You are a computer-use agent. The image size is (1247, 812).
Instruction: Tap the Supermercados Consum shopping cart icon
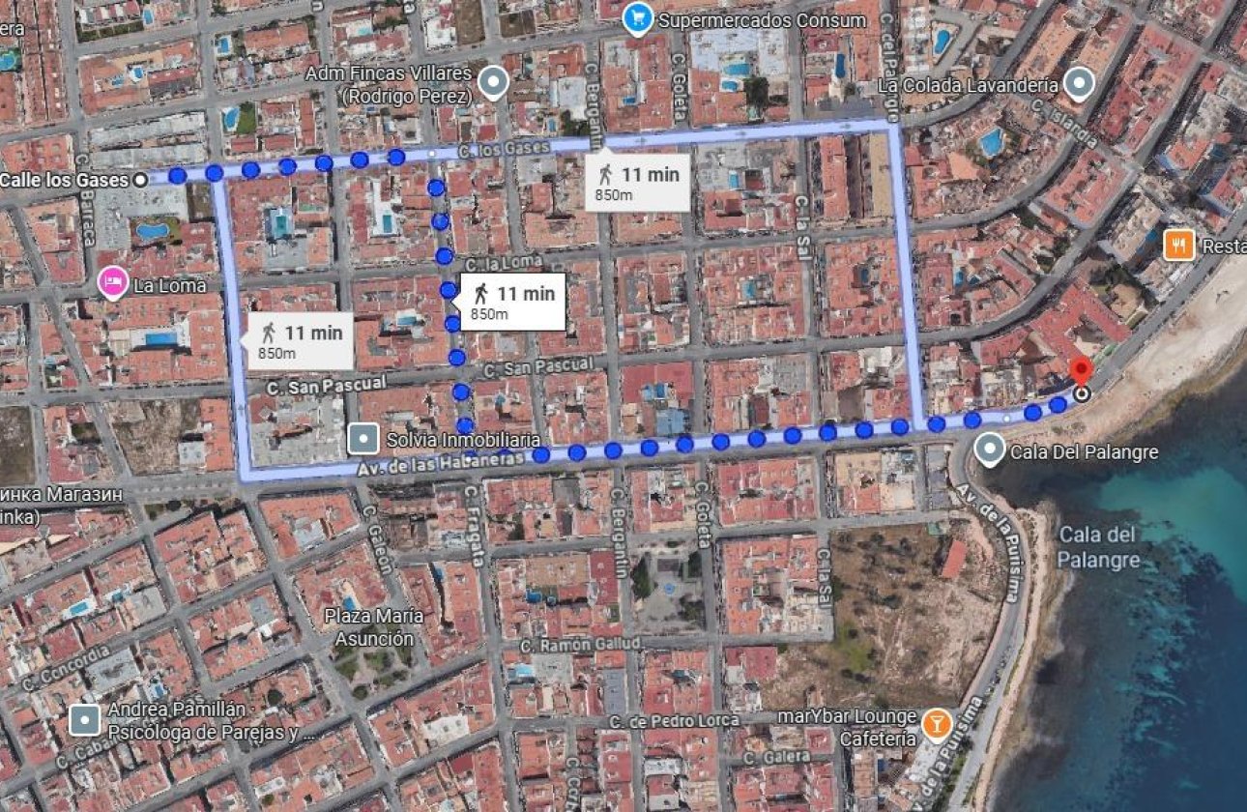point(637,18)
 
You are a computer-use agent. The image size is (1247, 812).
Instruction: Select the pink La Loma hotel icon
point(113,283)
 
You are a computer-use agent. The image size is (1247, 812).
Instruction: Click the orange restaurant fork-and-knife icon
point(1178,246)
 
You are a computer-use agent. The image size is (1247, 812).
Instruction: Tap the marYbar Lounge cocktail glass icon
point(936,723)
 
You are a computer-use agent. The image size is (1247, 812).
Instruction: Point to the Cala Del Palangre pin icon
point(989,449)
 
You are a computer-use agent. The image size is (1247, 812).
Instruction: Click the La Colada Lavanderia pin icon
point(1078,84)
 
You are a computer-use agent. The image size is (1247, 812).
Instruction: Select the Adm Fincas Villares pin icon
point(494,83)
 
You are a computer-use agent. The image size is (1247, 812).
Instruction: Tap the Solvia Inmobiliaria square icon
point(363,439)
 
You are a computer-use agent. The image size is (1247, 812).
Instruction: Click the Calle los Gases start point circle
point(140,179)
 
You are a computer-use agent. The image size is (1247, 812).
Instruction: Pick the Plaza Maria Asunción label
point(373,627)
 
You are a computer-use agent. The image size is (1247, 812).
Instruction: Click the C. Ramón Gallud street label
point(579,645)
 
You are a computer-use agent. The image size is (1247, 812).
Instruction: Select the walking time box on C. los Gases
point(638,182)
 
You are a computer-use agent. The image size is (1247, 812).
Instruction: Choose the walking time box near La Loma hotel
point(300,340)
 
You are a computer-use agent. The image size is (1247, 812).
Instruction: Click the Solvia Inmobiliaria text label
point(457,440)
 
